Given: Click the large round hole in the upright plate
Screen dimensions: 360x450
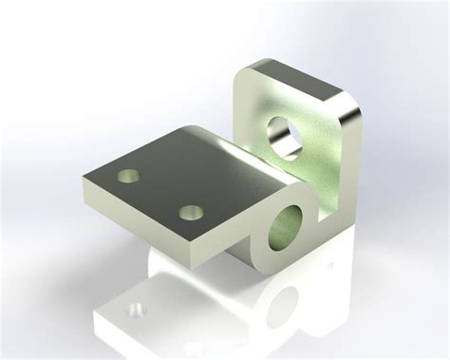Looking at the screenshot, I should click(x=286, y=133).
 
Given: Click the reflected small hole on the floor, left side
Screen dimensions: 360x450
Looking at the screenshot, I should click(x=139, y=309).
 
